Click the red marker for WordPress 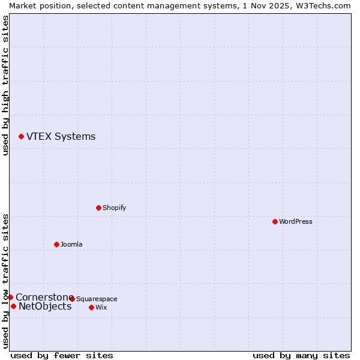[275, 221]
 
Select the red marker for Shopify [98, 208]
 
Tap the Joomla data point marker [56, 244]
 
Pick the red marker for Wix [91, 307]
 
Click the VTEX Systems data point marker [21, 137]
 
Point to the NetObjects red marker [13, 307]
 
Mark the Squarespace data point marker [72, 299]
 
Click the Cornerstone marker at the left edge [10, 297]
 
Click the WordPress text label [296, 221]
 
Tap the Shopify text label [114, 208]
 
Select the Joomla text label [71, 244]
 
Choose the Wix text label [101, 307]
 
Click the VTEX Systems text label [61, 136]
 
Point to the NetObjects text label [45, 307]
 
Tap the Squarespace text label [97, 299]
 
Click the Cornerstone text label [44, 297]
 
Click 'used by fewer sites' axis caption [62, 355]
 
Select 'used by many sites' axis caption [301, 355]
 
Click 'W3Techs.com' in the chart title [326, 5]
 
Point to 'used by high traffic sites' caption [5, 86]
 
